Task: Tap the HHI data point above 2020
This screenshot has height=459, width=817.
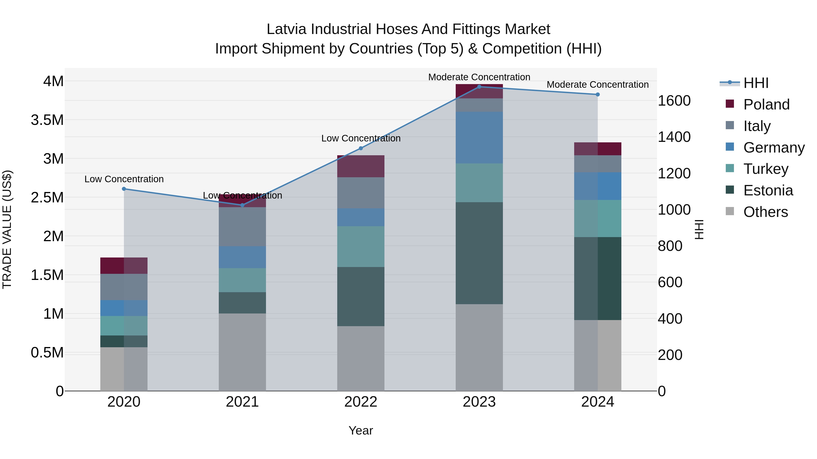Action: point(124,189)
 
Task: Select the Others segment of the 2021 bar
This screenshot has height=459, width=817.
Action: point(242,352)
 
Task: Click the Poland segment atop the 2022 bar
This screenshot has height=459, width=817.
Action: point(361,166)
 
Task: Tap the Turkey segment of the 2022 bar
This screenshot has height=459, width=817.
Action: point(361,246)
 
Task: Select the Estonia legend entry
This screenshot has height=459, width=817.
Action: point(768,190)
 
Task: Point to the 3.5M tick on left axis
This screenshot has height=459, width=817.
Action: point(47,120)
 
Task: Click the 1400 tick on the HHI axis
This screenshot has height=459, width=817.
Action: point(674,137)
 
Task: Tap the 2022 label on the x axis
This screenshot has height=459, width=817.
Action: point(361,402)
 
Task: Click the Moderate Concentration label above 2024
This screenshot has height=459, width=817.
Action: point(597,85)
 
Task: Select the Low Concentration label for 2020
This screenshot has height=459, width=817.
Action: point(124,179)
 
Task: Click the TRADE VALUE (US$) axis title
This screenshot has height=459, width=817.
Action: point(7,229)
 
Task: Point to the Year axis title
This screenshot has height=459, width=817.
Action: point(361,430)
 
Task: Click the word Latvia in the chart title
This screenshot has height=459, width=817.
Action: point(286,29)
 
